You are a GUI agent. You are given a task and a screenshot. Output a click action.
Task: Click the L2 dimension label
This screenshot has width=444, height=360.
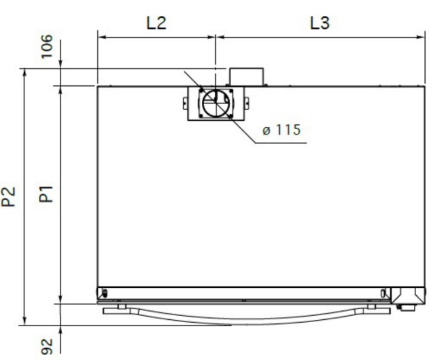point(156,23)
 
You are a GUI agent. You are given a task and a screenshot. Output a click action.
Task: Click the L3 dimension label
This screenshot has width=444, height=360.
point(320,23)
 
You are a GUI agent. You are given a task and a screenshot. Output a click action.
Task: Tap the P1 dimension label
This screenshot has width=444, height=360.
point(46,194)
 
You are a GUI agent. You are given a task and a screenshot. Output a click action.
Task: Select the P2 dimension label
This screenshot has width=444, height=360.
point(8,197)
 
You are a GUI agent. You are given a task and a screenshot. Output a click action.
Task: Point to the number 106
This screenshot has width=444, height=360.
point(47,46)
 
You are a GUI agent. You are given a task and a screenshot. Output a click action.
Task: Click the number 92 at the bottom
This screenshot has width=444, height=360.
point(47,346)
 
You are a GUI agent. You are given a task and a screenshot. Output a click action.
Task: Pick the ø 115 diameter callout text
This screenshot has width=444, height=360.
point(281,130)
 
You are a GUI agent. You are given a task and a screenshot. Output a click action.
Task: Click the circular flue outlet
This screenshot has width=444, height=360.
point(216,103)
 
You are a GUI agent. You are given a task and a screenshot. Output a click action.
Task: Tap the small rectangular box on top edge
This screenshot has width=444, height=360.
point(246,77)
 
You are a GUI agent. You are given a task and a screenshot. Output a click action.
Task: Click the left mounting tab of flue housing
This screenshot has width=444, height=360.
point(185,103)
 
